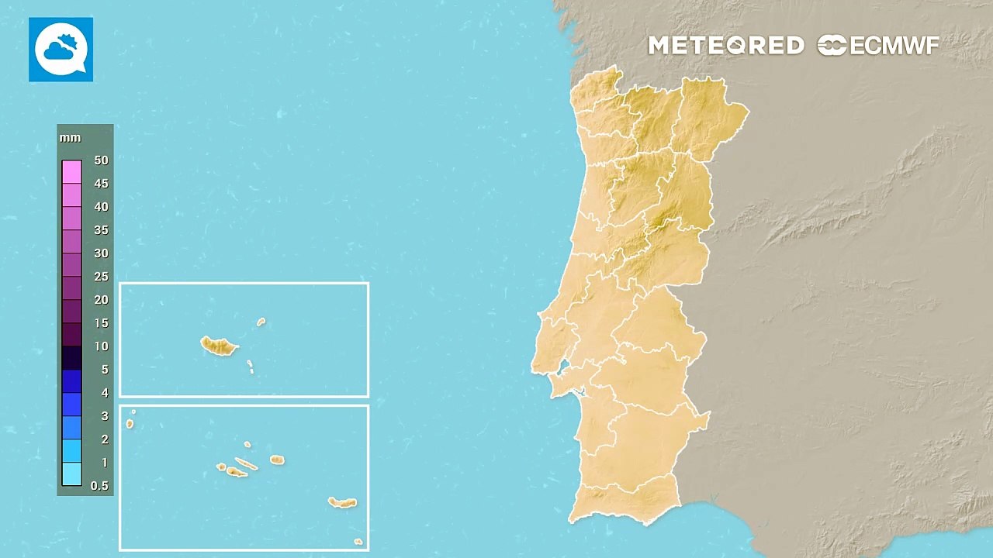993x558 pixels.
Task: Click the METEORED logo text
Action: click(x=725, y=46)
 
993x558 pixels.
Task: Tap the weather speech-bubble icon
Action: click(x=61, y=50)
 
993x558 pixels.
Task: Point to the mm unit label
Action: click(x=70, y=138)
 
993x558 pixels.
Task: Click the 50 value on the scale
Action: click(x=101, y=160)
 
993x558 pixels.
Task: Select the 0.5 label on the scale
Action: click(x=99, y=486)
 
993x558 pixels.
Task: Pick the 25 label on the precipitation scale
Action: click(x=101, y=277)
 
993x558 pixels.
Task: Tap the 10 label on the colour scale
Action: click(x=101, y=346)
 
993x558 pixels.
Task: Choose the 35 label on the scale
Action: click(x=101, y=230)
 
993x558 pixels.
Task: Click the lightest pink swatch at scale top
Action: click(x=71, y=171)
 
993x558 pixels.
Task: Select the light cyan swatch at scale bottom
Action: click(x=71, y=474)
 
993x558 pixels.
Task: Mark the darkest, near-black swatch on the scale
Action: click(x=71, y=357)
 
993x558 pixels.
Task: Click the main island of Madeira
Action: click(x=219, y=346)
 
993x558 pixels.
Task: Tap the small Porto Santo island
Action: click(x=261, y=322)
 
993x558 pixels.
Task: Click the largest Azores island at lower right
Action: click(x=342, y=503)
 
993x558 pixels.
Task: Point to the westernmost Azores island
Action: click(x=130, y=424)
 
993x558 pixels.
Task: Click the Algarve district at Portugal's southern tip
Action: click(x=625, y=501)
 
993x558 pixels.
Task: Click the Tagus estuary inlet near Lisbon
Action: click(x=564, y=368)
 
